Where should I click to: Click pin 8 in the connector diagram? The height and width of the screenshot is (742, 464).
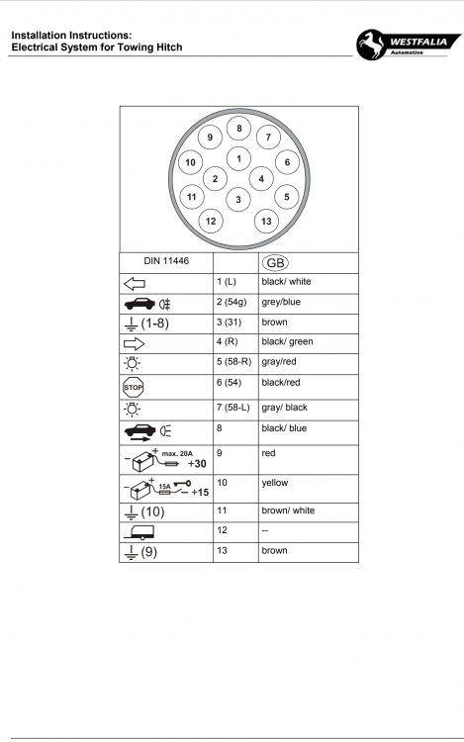point(238,129)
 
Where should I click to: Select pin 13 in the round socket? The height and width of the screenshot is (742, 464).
point(266,221)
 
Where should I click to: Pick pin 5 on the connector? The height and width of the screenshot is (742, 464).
point(286,196)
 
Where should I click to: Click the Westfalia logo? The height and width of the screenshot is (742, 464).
point(407,44)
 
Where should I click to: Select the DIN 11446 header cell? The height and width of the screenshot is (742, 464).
point(166,262)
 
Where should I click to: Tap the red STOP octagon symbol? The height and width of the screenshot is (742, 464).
point(133,387)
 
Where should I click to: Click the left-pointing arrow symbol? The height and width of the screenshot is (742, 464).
point(134,283)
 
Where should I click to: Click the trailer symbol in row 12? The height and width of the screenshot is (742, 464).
point(139,531)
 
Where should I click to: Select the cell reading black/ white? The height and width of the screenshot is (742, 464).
point(286,282)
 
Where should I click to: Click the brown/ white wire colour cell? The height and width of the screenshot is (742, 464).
point(288,510)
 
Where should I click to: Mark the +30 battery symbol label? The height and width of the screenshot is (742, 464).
point(196,463)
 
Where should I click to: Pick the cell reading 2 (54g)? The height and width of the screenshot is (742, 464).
point(232,302)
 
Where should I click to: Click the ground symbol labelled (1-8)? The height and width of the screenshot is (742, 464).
point(150,324)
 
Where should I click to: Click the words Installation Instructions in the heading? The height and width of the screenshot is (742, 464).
point(71,35)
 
